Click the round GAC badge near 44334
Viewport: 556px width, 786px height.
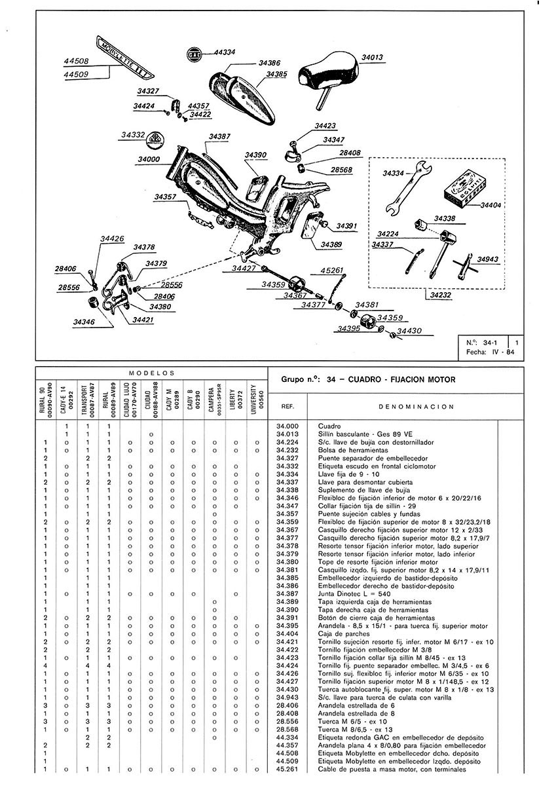[194, 54]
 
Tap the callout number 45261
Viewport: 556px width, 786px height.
[331, 270]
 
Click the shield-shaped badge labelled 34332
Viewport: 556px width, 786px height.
[157, 138]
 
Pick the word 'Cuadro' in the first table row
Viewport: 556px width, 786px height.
[329, 426]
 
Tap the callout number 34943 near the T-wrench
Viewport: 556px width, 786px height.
[487, 259]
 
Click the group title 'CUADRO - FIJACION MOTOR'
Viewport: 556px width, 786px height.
[401, 379]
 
